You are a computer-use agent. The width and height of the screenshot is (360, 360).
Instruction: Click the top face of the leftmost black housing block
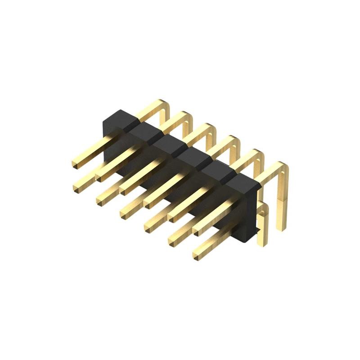pos(120,117)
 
